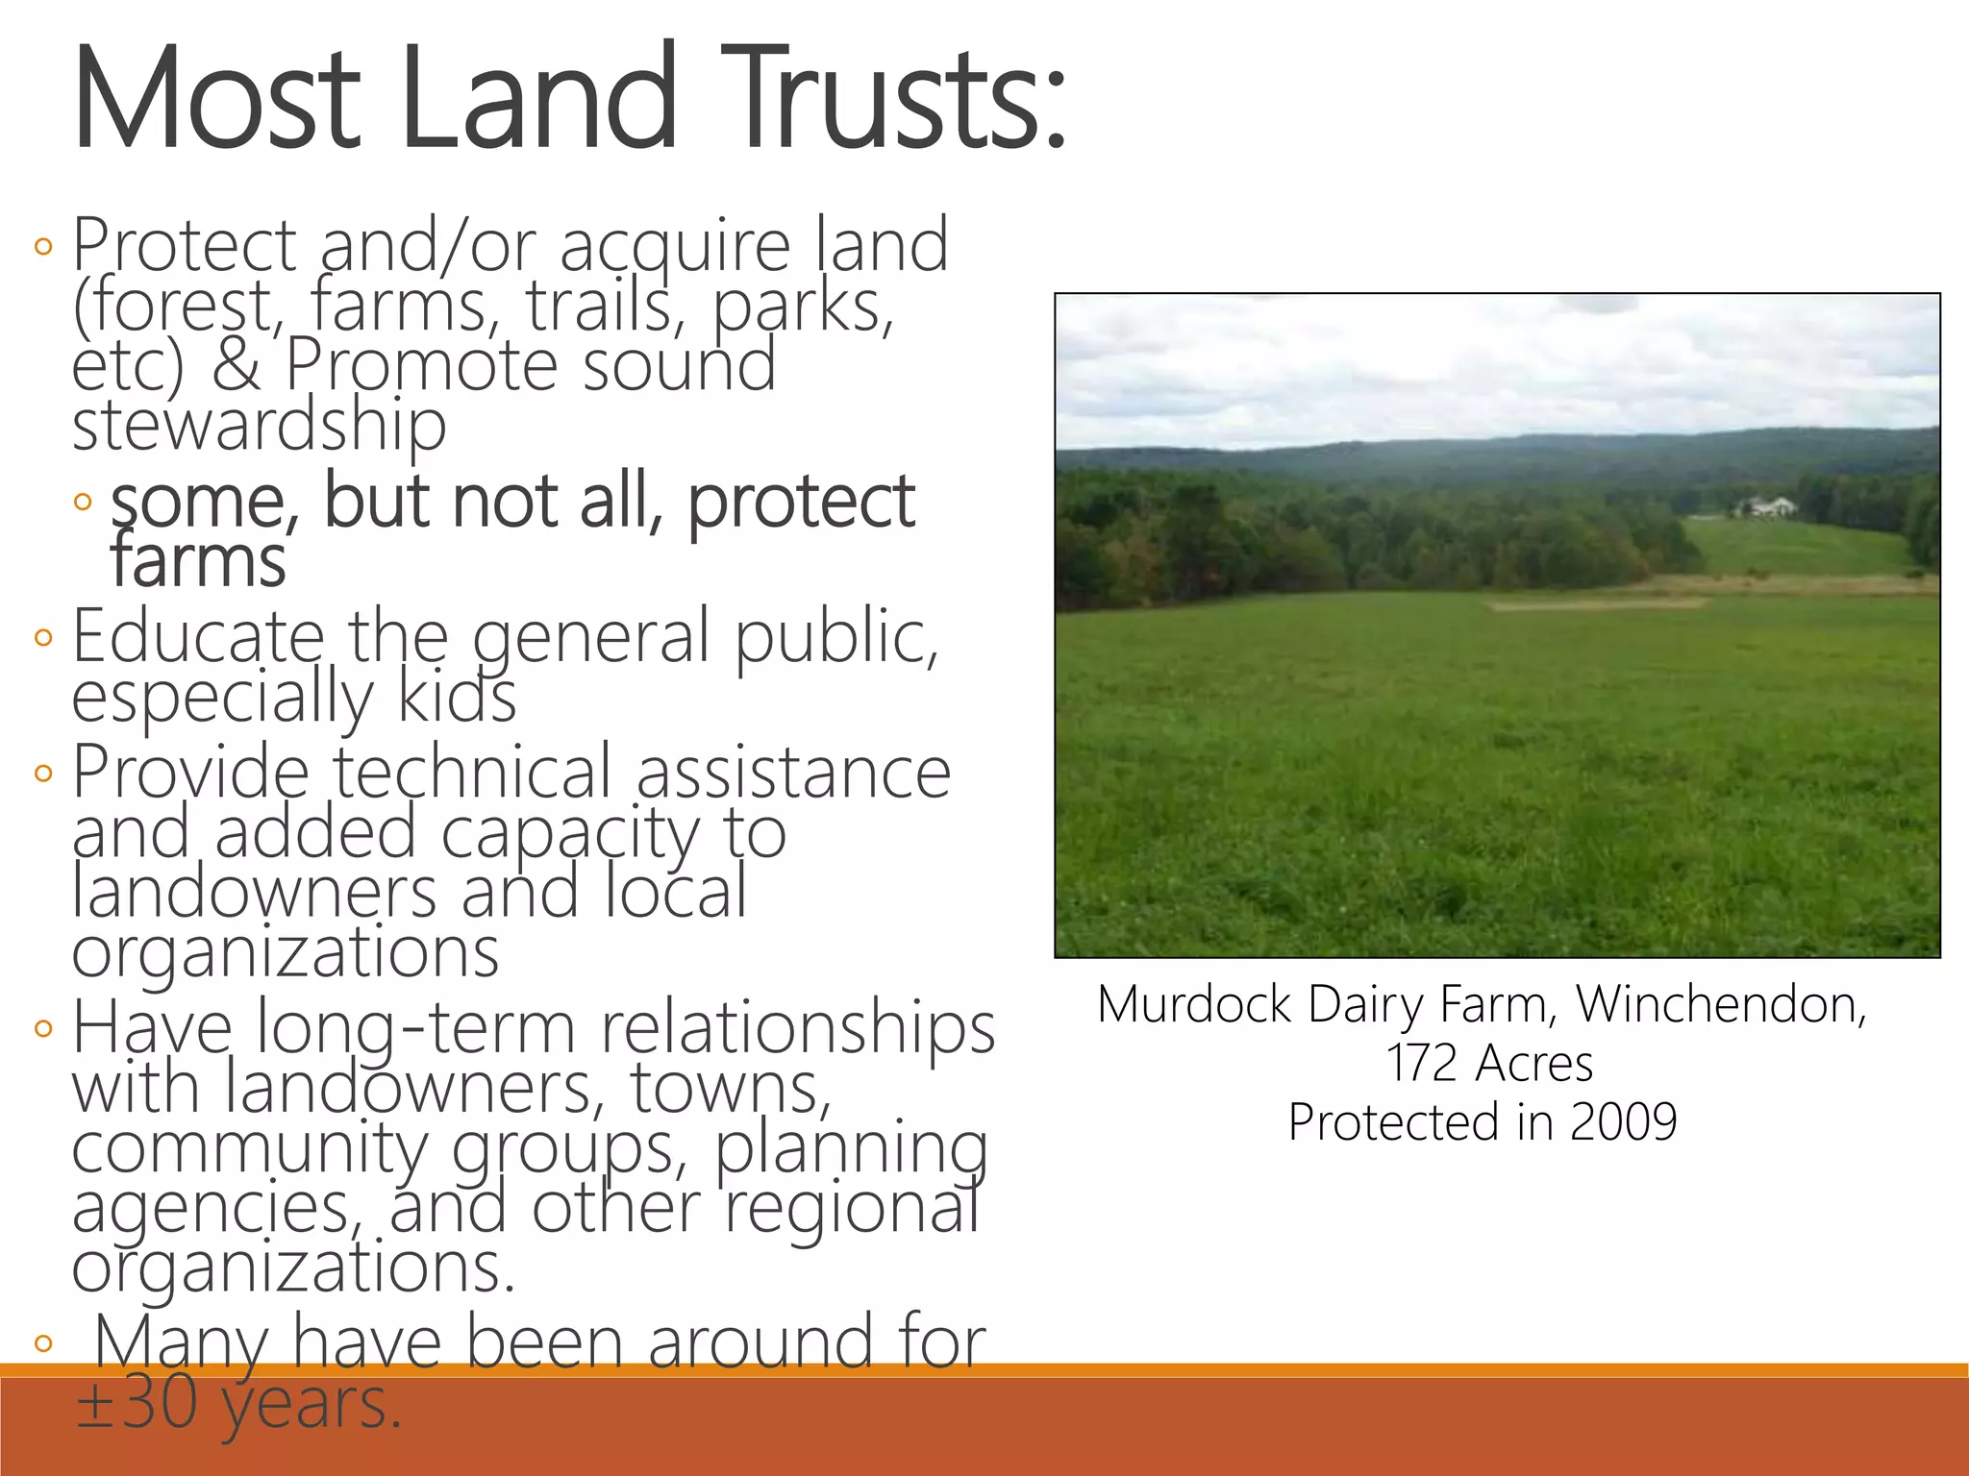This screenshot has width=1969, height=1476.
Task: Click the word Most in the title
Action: point(216,101)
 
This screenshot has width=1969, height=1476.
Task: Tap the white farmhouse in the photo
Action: point(1767,506)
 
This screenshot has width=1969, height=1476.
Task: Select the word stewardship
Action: point(260,425)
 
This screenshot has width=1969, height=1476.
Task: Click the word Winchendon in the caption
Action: point(1721,1005)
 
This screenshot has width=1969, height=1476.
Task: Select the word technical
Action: point(472,772)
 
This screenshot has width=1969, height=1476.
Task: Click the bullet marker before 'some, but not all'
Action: point(84,502)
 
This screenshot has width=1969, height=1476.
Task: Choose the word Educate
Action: point(198,637)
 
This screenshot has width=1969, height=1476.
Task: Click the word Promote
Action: point(422,365)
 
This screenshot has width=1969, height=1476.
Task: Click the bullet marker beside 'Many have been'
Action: point(42,1343)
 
